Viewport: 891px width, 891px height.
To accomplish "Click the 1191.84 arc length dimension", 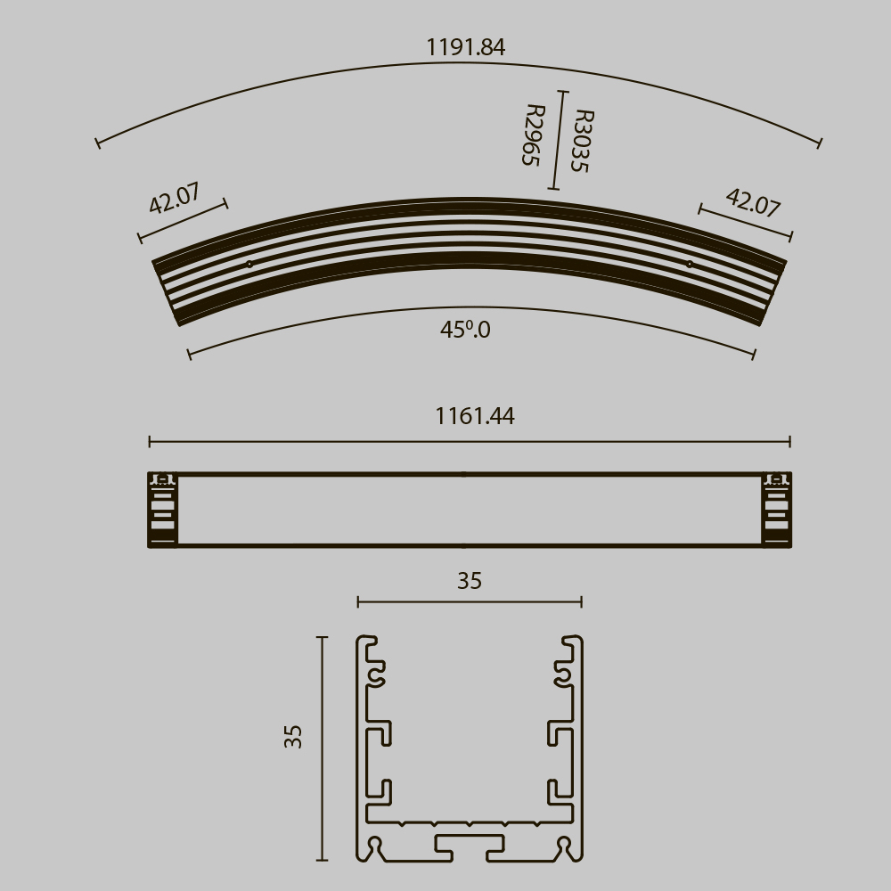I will click(465, 47).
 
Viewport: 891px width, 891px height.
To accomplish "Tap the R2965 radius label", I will click(532, 135).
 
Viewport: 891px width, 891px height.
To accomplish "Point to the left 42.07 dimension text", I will click(175, 198).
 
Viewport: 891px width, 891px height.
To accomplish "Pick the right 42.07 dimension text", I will click(753, 202).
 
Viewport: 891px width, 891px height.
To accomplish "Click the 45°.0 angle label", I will click(465, 330).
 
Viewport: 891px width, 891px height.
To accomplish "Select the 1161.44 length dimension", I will click(474, 416).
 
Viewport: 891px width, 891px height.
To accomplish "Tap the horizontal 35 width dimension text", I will click(470, 581).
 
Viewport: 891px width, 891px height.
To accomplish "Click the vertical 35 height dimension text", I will click(294, 735).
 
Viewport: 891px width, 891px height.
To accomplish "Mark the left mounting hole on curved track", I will click(249, 264).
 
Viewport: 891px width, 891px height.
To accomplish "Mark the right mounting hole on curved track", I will click(689, 264).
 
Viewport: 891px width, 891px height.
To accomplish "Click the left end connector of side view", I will click(162, 510).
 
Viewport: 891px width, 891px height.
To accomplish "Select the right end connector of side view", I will click(776, 510).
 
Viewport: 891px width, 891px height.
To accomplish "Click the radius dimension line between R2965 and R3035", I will click(558, 140).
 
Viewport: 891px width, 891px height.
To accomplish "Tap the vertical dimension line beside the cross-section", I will click(322, 748).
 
